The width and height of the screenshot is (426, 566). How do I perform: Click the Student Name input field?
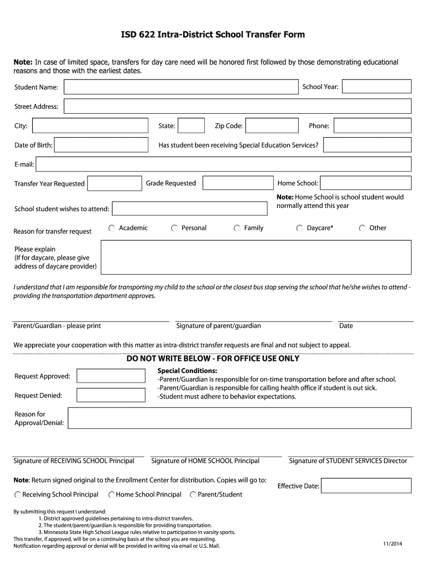point(181,87)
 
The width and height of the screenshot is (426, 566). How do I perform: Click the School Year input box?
point(377,86)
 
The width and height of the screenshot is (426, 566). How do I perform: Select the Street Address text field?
point(237,106)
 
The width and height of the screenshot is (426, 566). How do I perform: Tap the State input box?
point(191,125)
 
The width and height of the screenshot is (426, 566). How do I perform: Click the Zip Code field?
point(271,125)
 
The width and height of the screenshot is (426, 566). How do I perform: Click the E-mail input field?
point(224,164)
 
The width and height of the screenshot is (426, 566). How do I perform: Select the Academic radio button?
point(112,228)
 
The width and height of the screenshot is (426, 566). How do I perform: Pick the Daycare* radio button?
point(300,228)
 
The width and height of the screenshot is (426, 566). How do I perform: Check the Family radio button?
point(237,228)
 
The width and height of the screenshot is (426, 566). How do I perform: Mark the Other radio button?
point(362,228)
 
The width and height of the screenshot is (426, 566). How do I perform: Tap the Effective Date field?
point(366,486)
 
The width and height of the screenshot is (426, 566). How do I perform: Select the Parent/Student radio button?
point(193,495)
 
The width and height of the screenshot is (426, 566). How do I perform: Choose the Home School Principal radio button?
point(112,495)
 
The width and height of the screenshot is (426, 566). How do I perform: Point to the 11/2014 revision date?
point(392,544)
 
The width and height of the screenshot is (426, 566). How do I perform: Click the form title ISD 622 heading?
point(213,35)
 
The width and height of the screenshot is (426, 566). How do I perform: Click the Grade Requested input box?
point(237,183)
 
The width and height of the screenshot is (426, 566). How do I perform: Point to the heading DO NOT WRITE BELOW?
point(213,358)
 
